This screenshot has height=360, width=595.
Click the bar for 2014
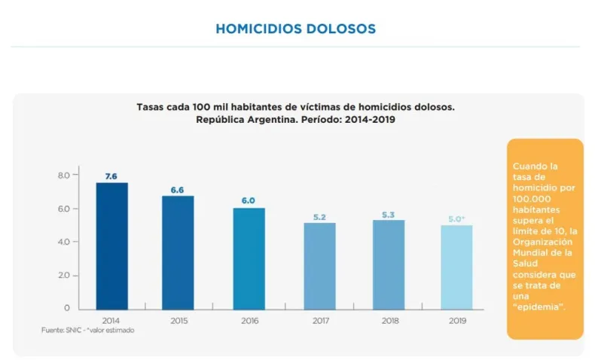tap(111, 246)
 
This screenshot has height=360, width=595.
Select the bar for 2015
tap(178, 252)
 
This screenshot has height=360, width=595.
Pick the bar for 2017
tap(319, 265)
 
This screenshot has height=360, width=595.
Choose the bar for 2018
tap(389, 264)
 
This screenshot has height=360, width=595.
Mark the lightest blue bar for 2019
tap(456, 267)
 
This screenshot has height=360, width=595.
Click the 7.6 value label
tap(111, 176)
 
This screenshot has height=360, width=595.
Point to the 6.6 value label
tap(178, 190)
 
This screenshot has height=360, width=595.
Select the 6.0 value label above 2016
tap(249, 201)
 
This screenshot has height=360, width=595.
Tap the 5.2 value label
tap(319, 217)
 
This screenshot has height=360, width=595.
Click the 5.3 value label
tap(389, 215)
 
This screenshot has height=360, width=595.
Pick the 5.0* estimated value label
tap(457, 219)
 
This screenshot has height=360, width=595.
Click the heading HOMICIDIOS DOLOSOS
tap(295, 29)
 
